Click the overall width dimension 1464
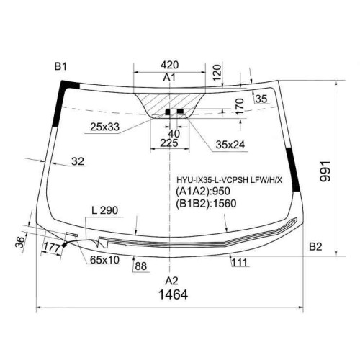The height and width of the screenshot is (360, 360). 173,294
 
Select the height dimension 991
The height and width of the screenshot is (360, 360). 325,171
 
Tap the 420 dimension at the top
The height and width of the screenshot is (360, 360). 170,65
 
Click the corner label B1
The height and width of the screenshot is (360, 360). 60,66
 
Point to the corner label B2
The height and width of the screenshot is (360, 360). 315,246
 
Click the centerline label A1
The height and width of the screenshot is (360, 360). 169,78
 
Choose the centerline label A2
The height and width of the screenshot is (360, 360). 171,280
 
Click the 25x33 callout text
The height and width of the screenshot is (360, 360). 104,127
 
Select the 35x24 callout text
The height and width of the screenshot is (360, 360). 230,145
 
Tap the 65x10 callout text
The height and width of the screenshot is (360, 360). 104,260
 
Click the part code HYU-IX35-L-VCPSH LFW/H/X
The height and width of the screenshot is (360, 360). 230,180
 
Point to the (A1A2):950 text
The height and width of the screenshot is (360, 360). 203,191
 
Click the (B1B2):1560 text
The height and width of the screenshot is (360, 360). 206,203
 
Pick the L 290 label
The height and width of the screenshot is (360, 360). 105,210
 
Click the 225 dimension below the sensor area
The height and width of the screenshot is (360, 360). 169,143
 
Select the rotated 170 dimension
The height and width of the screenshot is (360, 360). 240,106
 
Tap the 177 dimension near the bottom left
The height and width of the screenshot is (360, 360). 52,247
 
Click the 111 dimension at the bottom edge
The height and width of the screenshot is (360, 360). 240,262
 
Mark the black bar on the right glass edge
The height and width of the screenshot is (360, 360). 293,170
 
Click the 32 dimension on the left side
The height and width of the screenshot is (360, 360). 78,161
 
